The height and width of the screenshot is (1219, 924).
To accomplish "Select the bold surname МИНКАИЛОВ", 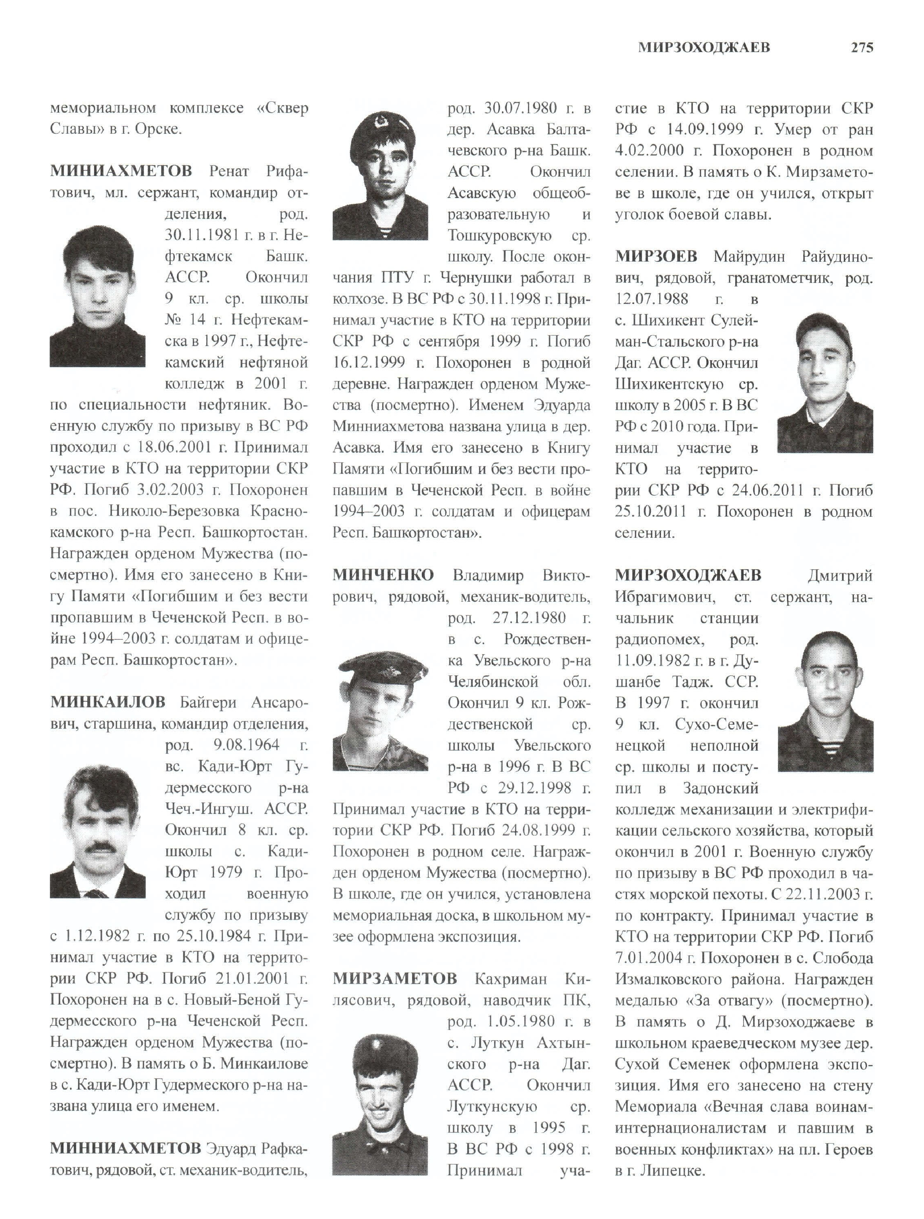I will [x=108, y=702].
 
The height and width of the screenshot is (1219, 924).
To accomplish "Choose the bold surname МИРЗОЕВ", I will [x=656, y=256].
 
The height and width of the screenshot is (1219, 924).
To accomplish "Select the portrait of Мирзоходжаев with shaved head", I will [x=825, y=701].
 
